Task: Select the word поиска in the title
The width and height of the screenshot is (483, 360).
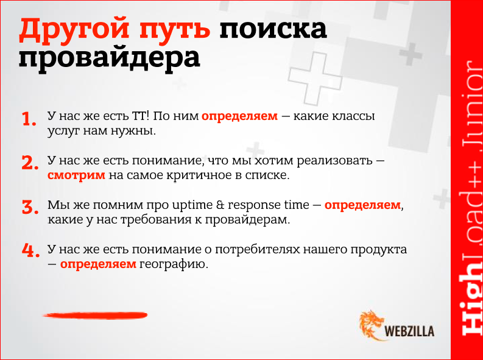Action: pyautogui.click(x=273, y=30)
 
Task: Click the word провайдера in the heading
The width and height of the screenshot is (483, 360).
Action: pyautogui.click(x=108, y=59)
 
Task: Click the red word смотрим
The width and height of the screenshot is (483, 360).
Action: pyautogui.click(x=77, y=175)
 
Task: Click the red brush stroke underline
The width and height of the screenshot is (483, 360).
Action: pyautogui.click(x=94, y=315)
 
